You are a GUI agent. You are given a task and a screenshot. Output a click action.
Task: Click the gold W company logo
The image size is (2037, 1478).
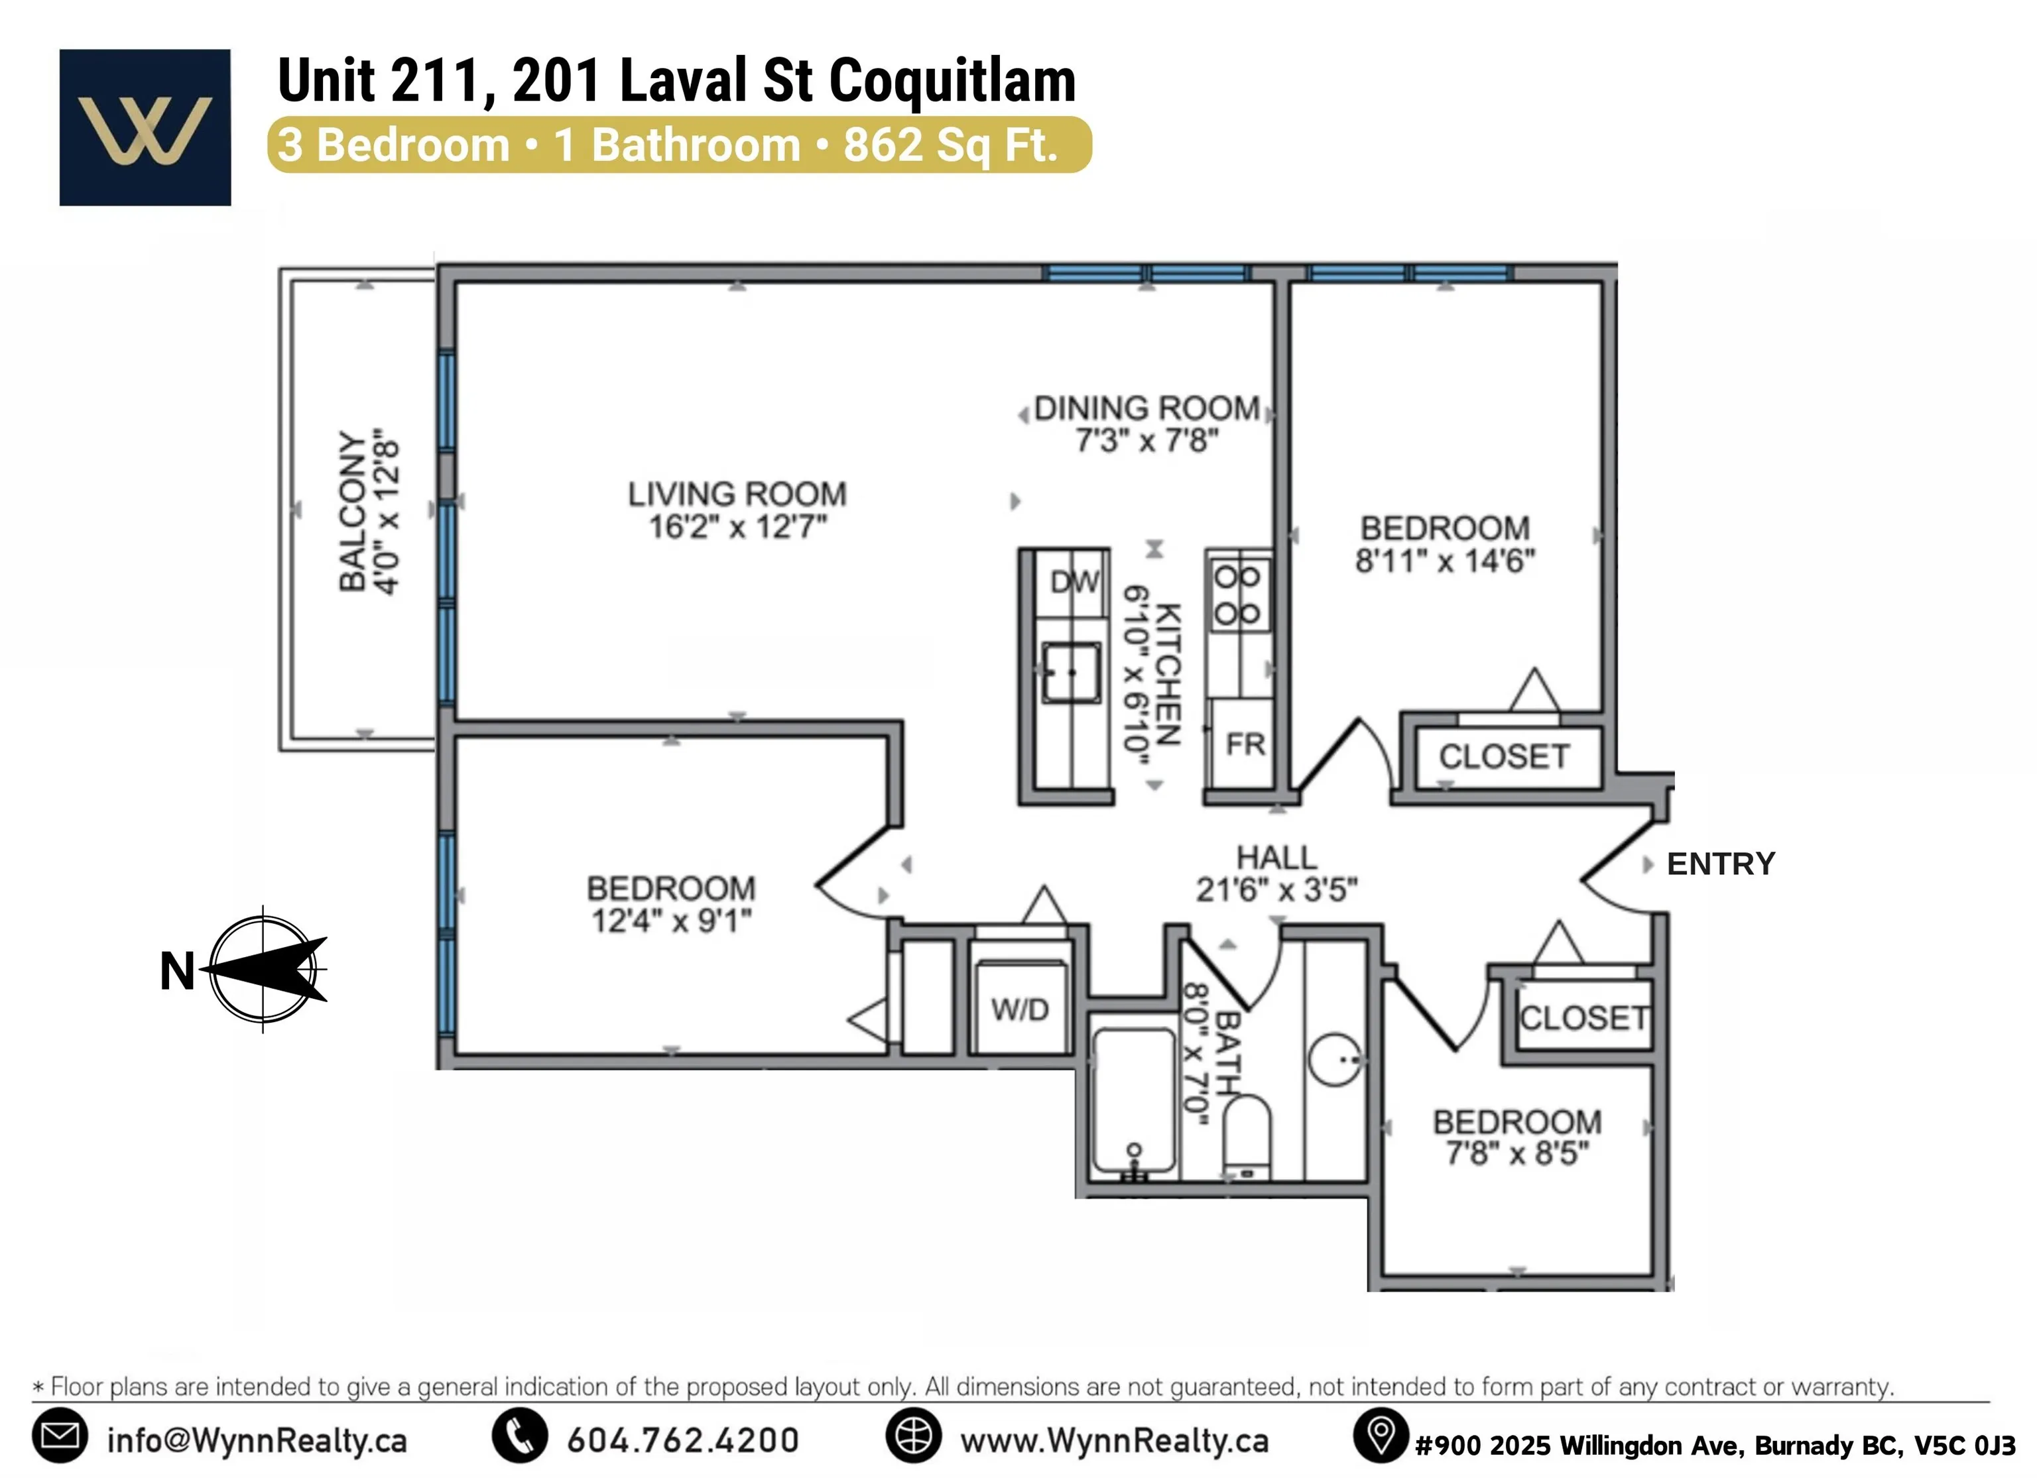pyautogui.click(x=145, y=129)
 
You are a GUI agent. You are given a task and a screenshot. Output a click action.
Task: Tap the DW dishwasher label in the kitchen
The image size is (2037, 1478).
pyautogui.click(x=1074, y=582)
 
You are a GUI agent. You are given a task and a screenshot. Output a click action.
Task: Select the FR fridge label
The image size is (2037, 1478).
pyautogui.click(x=1245, y=744)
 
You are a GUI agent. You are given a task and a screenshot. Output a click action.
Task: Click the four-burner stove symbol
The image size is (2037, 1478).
pyautogui.click(x=1237, y=595)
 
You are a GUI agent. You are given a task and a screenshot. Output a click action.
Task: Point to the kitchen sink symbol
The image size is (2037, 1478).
pyautogui.click(x=1071, y=671)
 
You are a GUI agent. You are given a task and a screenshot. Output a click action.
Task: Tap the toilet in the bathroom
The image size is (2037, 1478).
pyautogui.click(x=1247, y=1136)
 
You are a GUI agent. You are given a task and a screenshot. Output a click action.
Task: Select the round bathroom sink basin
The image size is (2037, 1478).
pyautogui.click(x=1335, y=1060)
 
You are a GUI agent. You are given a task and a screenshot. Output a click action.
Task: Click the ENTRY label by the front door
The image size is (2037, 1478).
pyautogui.click(x=1721, y=864)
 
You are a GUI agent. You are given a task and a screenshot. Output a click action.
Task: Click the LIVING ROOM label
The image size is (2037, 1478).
pyautogui.click(x=737, y=494)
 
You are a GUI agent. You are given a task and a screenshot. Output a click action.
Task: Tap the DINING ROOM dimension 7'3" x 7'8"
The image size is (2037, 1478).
pyautogui.click(x=1147, y=441)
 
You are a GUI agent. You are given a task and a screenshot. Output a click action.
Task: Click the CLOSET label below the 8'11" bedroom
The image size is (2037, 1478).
pyautogui.click(x=1505, y=757)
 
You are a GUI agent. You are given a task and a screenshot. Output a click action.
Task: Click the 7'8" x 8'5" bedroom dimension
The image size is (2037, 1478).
pyautogui.click(x=1517, y=1153)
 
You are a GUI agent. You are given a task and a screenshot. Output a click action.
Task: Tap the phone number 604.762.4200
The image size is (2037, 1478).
pyautogui.click(x=682, y=1440)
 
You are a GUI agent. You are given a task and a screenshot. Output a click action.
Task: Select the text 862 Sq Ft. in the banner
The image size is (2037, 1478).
pyautogui.click(x=950, y=144)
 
